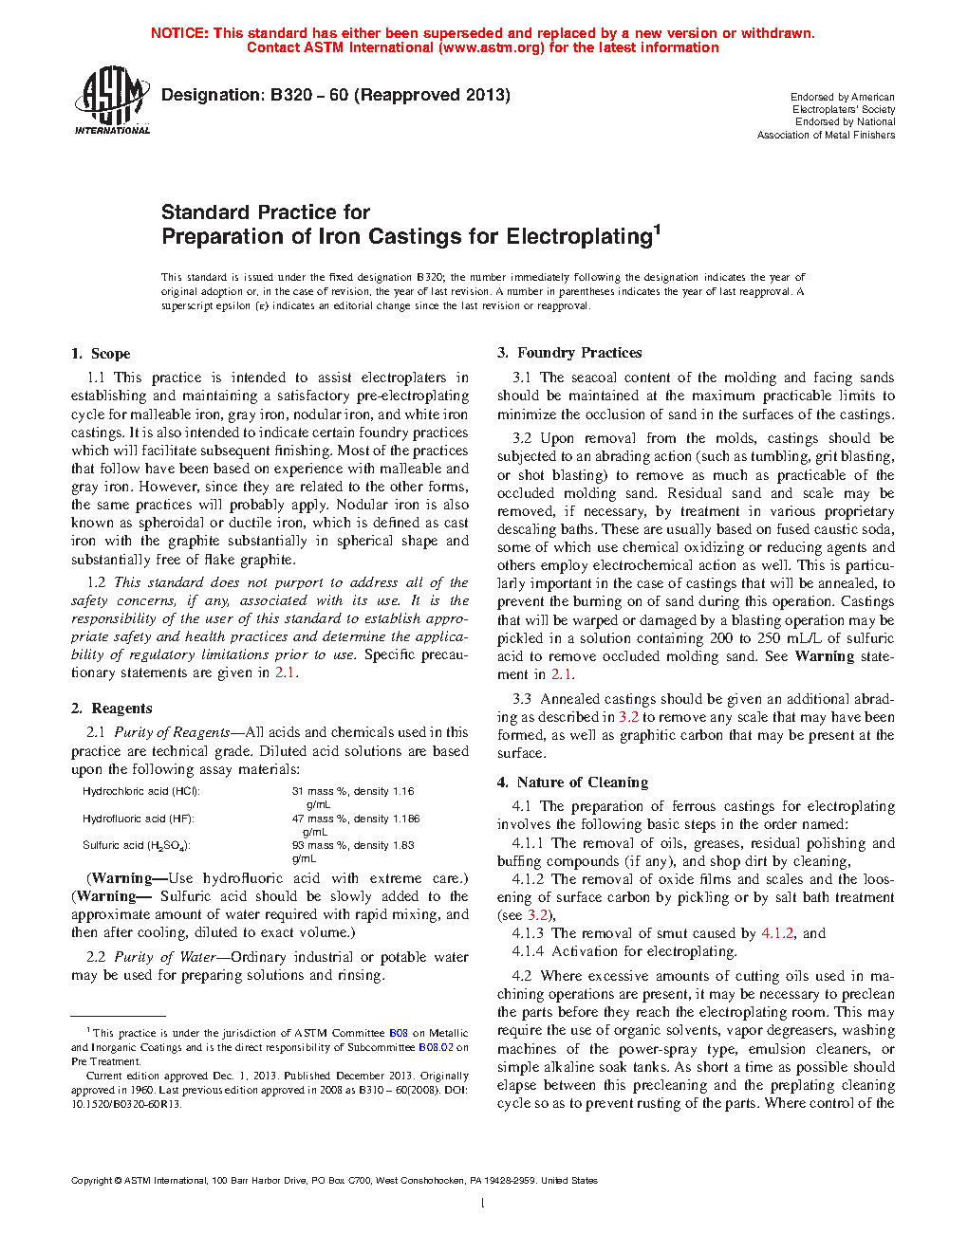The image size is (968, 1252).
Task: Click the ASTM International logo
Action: coord(112,100)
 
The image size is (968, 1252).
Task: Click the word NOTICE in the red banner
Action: coord(179,33)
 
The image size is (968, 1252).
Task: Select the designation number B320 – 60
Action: coord(309,95)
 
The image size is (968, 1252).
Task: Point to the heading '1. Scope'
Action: coord(101,354)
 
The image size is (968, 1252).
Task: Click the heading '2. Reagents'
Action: coord(112,709)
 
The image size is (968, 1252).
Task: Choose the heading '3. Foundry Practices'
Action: coord(569,353)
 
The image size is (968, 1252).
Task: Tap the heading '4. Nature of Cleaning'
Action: coord(572,782)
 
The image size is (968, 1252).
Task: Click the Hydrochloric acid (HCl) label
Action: coord(141,791)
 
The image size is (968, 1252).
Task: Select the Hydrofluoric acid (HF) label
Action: coord(138,819)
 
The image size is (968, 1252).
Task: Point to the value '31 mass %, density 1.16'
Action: coord(353,791)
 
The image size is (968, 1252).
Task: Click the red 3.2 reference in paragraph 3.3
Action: coord(628,717)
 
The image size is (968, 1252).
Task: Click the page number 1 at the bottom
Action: coord(483,1204)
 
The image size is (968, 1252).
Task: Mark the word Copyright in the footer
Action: coord(91,1181)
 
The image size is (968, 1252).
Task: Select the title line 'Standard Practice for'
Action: coord(266,212)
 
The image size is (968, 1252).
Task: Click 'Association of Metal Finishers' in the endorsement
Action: coord(826,135)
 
